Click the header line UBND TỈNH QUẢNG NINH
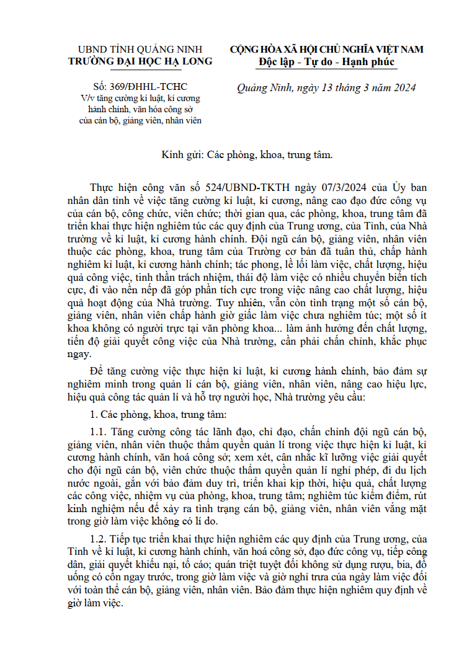coord(141,50)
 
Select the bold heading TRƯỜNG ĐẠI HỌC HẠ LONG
coord(141,61)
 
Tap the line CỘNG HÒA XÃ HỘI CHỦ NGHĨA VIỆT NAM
coord(326,50)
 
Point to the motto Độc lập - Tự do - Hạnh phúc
coord(326,62)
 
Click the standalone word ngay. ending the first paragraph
coord(79,355)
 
